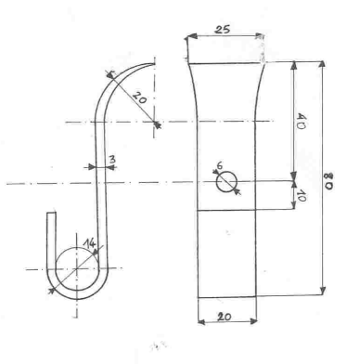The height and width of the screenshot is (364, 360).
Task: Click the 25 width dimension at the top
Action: [x=223, y=30]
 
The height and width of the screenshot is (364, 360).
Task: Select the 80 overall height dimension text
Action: [x=328, y=181]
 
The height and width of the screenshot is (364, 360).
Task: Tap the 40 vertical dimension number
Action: [x=301, y=122]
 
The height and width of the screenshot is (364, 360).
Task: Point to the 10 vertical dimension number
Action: [x=301, y=196]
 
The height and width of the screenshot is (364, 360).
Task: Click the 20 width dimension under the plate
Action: [x=225, y=317]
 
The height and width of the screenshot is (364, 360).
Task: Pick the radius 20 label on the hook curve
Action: [x=140, y=97]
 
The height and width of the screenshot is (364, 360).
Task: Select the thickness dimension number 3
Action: [x=112, y=160]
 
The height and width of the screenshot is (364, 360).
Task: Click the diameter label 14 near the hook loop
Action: [x=89, y=243]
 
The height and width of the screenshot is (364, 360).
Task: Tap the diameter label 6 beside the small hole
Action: [x=219, y=166]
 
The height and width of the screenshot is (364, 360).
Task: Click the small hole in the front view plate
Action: [x=226, y=182]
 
